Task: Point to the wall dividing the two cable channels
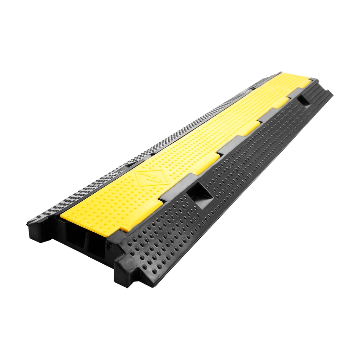click(x=85, y=240)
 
